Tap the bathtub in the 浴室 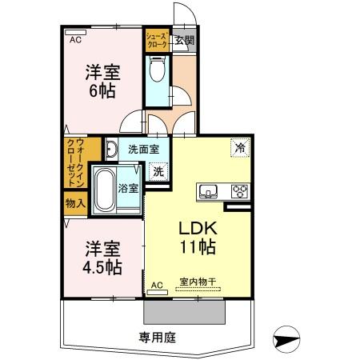tap(104, 190)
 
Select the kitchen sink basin tap(210, 190)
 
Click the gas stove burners tap(238, 190)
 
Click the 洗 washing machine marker tap(158, 170)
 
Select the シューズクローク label tap(156, 40)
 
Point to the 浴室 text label tap(128, 189)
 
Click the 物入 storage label tap(75, 203)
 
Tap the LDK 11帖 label tap(195, 237)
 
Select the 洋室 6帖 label tap(102, 80)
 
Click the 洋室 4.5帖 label tap(101, 257)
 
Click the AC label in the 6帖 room tap(74, 39)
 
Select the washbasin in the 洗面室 tap(113, 149)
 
